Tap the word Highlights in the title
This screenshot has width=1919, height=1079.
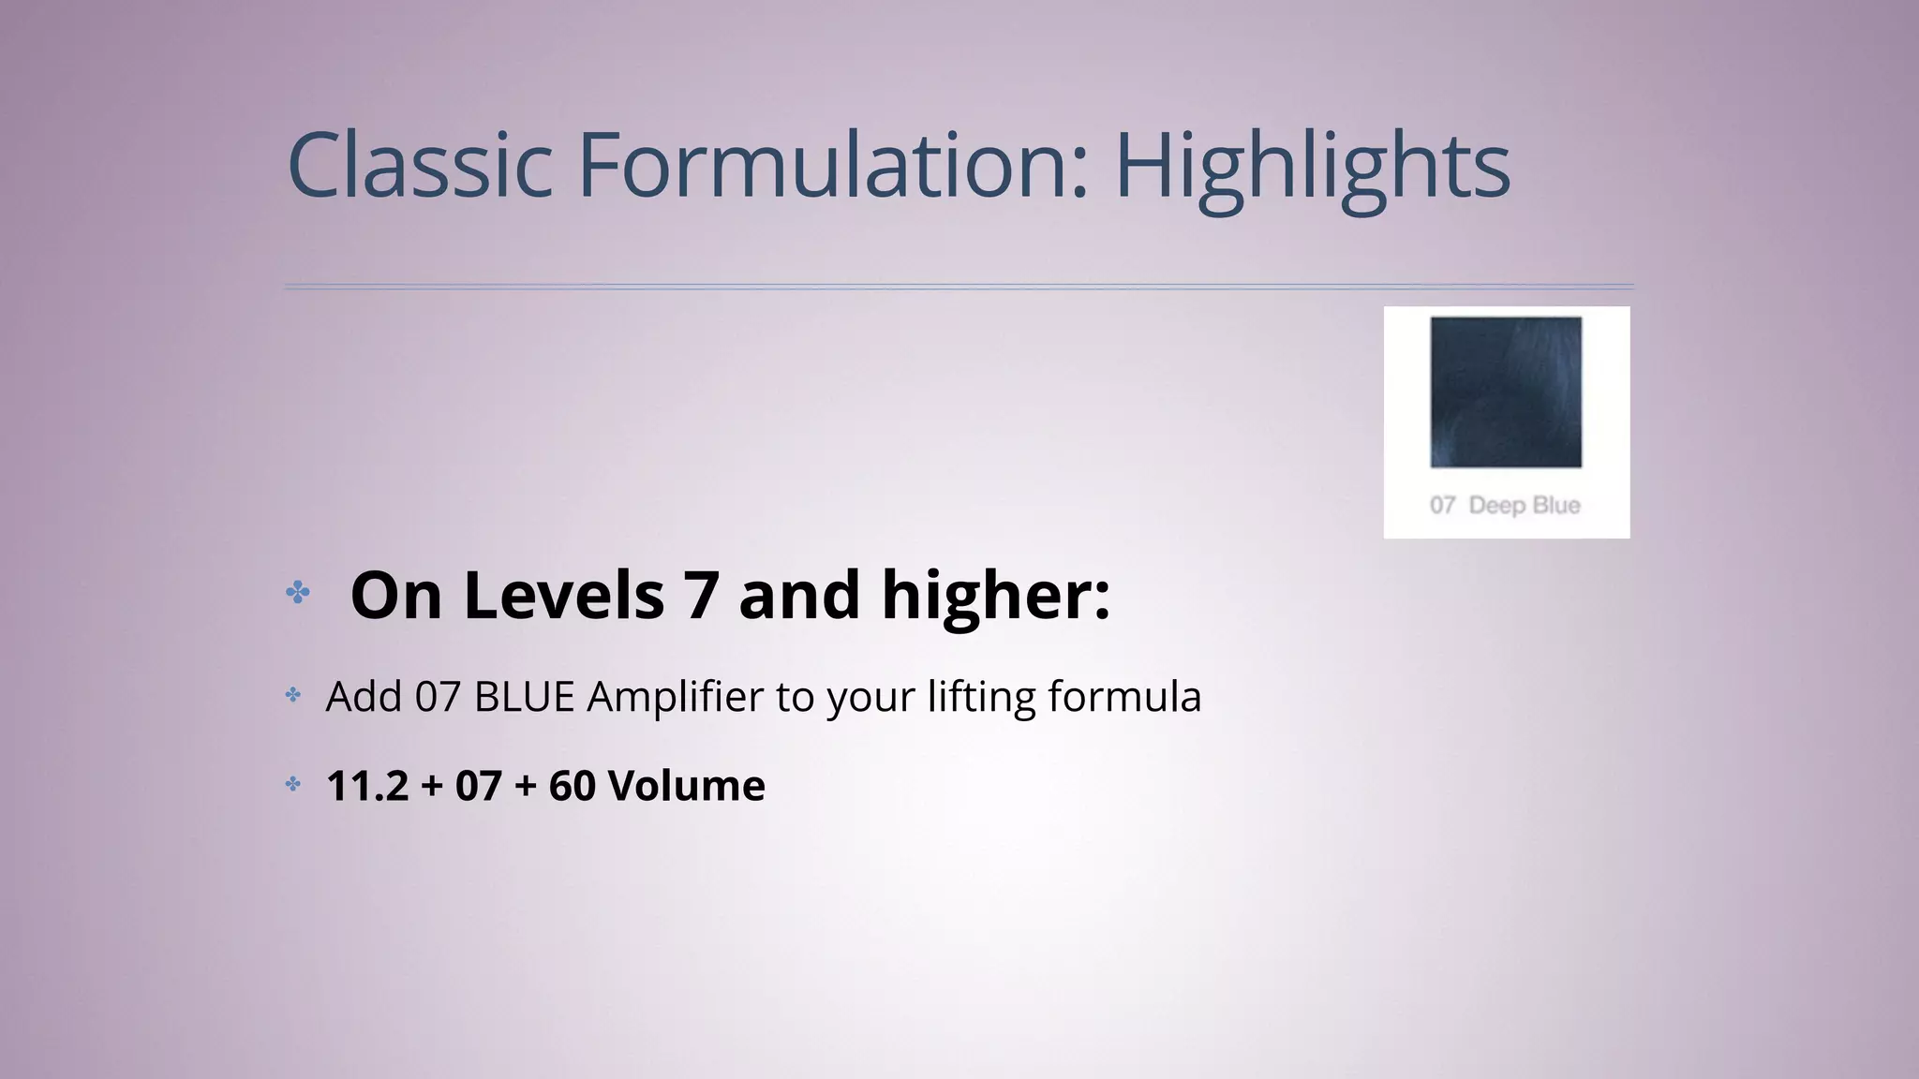click(1312, 167)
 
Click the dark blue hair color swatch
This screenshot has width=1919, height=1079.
click(1506, 392)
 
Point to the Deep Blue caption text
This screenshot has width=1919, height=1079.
click(1525, 506)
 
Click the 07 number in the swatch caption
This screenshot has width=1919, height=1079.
click(1442, 506)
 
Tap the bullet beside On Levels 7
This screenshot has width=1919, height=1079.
click(298, 592)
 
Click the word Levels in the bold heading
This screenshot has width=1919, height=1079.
click(564, 596)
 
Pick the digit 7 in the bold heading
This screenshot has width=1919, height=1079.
click(701, 596)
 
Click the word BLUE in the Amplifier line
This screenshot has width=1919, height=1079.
click(524, 697)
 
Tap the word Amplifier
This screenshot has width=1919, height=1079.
click(676, 697)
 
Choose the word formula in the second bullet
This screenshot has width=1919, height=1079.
click(1124, 697)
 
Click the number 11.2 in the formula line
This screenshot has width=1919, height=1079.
click(367, 786)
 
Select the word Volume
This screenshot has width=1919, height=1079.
click(687, 786)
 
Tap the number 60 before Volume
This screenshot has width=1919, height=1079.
click(572, 786)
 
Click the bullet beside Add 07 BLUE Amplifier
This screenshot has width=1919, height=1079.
click(293, 695)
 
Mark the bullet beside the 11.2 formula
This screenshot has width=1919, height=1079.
click(293, 784)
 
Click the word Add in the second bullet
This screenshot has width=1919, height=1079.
click(364, 697)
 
